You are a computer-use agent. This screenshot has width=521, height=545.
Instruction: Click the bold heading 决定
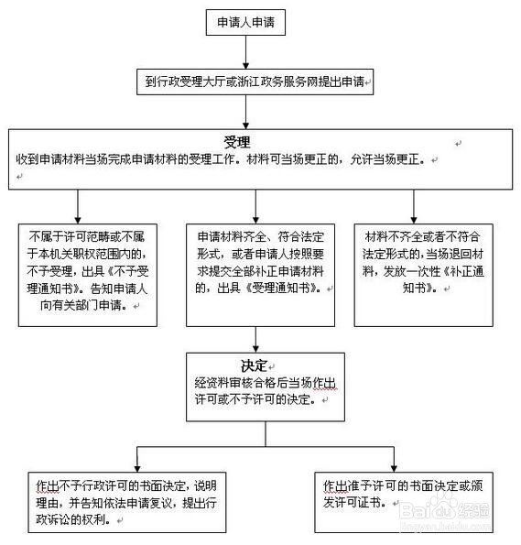(x=240, y=365)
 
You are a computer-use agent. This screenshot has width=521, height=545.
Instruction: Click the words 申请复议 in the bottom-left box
(x=156, y=502)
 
